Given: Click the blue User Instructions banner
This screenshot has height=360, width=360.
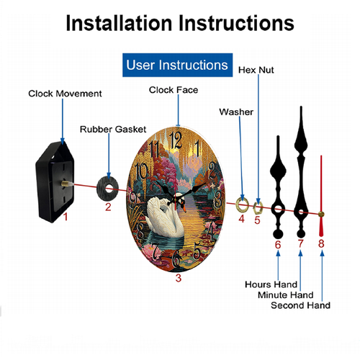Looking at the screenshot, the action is [177, 65].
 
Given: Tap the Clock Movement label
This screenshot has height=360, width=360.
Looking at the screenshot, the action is [65, 94].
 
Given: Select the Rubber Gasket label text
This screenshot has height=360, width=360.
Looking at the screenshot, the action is [113, 130].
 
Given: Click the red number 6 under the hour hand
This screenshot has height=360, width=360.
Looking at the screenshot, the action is [278, 245].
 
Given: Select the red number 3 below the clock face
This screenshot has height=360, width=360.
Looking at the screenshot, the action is [178, 278].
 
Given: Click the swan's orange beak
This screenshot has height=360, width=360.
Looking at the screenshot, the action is [184, 210].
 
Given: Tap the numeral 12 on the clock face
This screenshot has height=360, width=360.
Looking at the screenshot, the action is [176, 140].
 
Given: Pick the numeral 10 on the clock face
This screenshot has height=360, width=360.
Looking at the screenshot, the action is [141, 171].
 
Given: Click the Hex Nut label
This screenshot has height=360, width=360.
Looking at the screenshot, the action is [256, 70].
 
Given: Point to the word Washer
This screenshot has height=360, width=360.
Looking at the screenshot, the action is [236, 112].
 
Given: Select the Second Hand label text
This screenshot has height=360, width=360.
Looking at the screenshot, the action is [300, 305].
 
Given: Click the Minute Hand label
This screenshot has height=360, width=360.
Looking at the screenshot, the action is [286, 294].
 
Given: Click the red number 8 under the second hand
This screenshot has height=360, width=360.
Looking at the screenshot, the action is [321, 243].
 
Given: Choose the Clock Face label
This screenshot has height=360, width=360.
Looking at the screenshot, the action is [174, 90].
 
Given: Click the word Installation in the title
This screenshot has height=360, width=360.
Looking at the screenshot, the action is [120, 23].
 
